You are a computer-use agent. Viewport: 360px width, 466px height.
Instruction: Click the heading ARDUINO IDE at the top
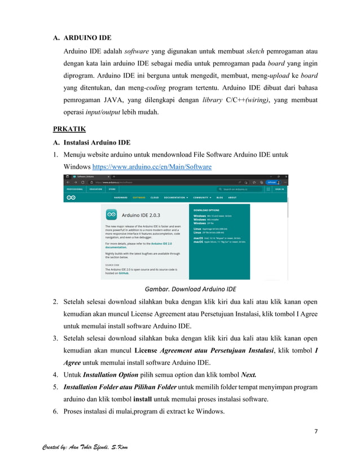coord(87,38)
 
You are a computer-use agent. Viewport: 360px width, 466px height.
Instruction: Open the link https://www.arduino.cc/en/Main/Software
coord(152,167)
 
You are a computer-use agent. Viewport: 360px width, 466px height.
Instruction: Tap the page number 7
coord(316,432)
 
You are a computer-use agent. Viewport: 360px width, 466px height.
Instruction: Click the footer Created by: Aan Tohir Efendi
coord(85,447)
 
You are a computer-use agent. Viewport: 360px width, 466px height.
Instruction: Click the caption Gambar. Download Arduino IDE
coord(190,289)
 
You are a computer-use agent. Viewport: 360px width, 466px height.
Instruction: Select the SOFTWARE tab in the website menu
coord(139,198)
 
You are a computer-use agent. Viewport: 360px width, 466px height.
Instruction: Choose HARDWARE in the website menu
coord(121,198)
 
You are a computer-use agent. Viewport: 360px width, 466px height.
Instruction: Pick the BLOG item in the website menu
coord(219,198)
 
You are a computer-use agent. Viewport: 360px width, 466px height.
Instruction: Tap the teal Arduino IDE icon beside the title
coord(111,214)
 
